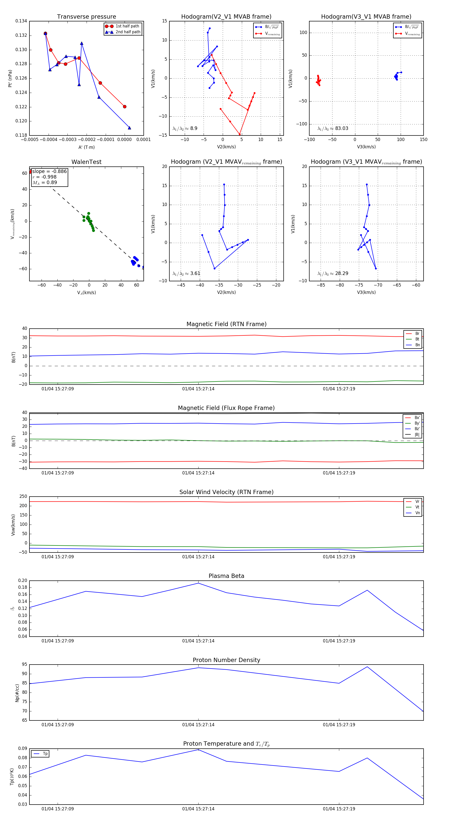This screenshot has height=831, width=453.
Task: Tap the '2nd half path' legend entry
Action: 128,32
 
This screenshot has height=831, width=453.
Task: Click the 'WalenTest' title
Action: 86,162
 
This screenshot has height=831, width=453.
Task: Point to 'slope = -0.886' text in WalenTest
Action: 49,171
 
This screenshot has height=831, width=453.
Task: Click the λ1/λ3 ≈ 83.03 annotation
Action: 333,128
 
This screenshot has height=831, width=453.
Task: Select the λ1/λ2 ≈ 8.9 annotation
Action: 185,128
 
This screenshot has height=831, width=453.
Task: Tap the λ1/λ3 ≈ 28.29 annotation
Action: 333,273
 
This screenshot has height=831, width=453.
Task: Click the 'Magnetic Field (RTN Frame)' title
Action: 226,324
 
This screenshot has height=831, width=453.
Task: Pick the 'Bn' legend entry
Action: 417,345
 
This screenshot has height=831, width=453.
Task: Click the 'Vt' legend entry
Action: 417,507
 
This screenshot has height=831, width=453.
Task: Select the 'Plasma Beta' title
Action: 226,576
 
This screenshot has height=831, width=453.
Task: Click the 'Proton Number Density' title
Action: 226,660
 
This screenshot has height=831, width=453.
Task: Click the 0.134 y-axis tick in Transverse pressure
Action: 21,21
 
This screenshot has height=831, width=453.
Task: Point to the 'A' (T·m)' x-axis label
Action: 86,147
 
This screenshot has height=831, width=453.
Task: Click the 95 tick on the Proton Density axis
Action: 24,664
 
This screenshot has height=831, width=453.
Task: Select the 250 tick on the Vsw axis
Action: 23,497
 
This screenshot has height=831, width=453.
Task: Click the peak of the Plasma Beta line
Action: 198,583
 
